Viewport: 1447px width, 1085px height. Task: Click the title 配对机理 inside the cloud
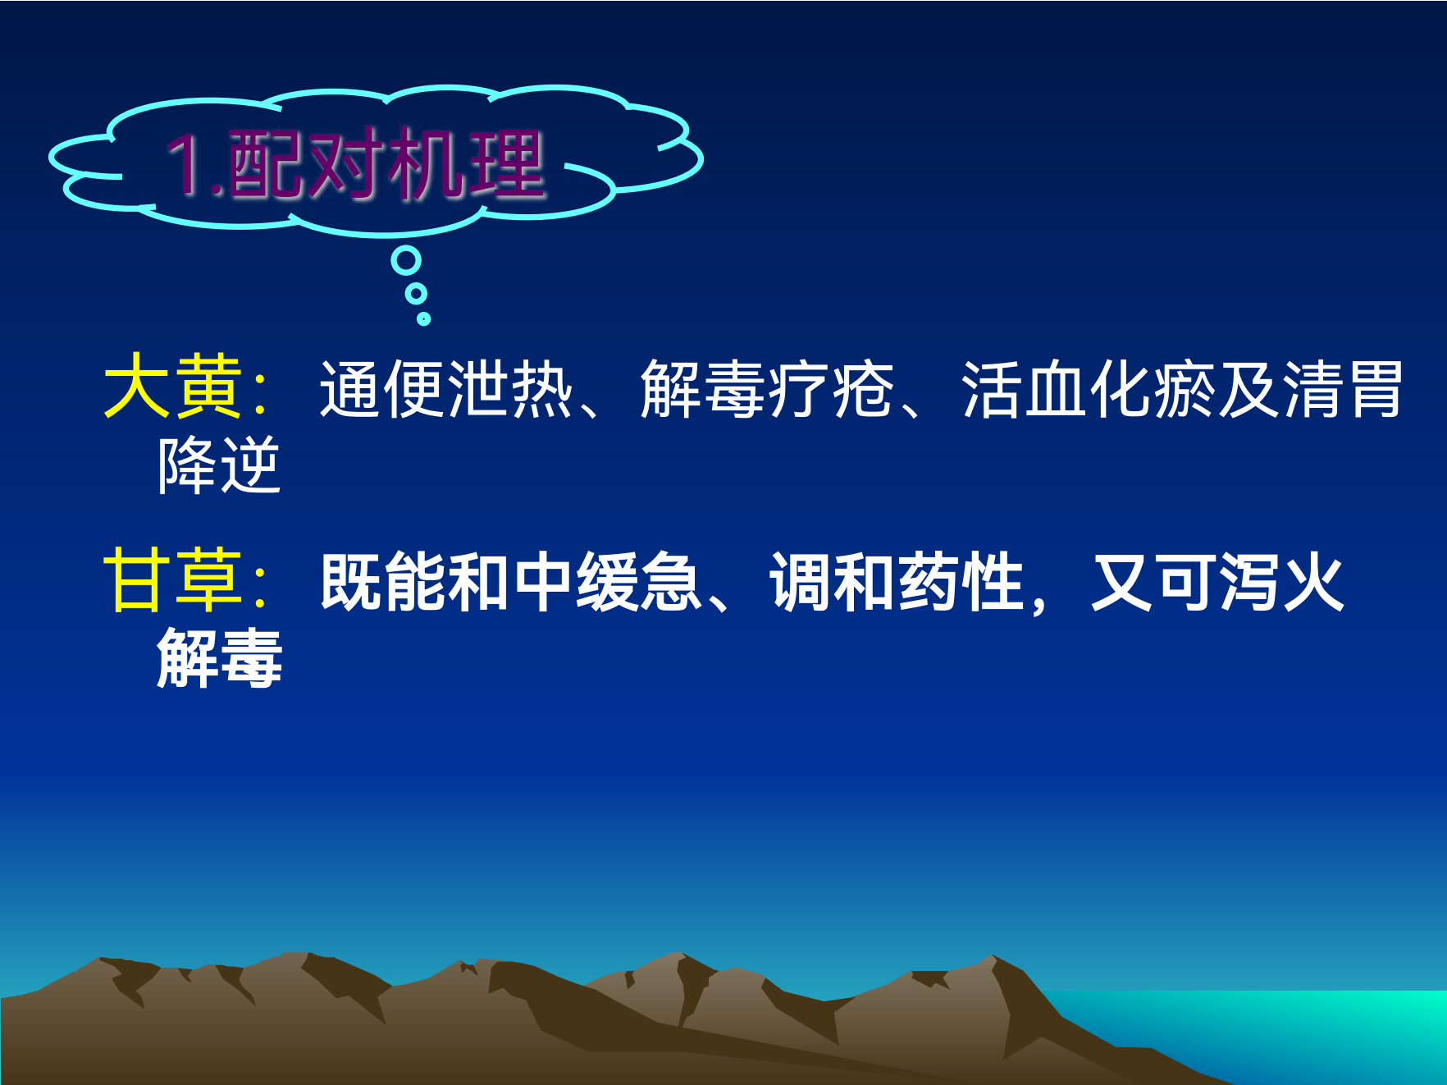pos(386,164)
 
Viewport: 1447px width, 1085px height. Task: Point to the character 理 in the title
pos(506,164)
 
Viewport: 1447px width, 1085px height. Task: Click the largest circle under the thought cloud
pos(406,261)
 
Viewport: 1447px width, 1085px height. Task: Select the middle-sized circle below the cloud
pos(417,293)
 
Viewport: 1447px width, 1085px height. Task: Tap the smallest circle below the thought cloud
pos(423,318)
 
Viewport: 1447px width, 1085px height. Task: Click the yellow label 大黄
pos(173,387)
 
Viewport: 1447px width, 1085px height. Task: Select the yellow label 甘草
pos(173,580)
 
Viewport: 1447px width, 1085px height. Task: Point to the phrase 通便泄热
pos(446,388)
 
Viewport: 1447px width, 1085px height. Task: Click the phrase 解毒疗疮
pos(767,388)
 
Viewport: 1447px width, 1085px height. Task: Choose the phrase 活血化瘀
pos(1089,388)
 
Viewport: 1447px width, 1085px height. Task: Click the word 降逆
pos(219,465)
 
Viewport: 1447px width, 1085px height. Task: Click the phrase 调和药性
pos(897,581)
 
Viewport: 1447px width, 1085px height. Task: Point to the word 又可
pos(1154,581)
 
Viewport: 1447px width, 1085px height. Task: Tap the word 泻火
pos(1282,581)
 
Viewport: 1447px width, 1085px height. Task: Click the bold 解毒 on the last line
pos(220,657)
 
